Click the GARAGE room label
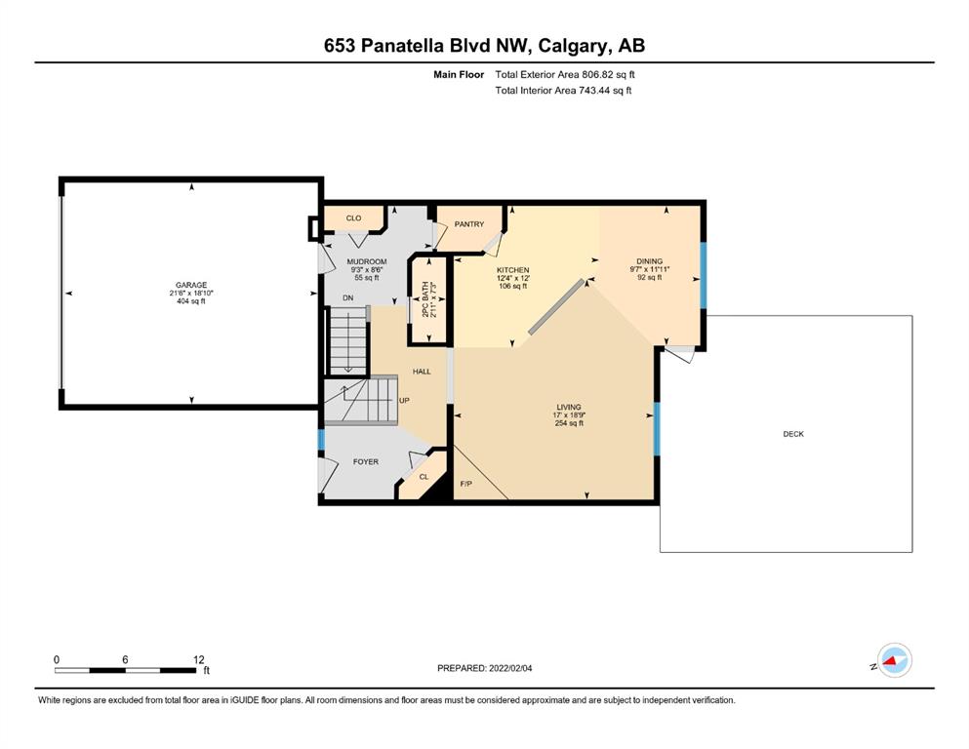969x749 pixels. pyautogui.click(x=191, y=286)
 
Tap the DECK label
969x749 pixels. pyautogui.click(x=793, y=434)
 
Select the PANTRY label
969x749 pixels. pyautogui.click(x=469, y=224)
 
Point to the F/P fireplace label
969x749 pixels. pyautogui.click(x=466, y=484)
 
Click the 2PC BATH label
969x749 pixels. pyautogui.click(x=425, y=299)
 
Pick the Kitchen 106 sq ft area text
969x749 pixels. pyautogui.click(x=513, y=286)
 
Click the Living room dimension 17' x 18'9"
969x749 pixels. pyautogui.click(x=569, y=414)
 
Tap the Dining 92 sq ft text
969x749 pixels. pyautogui.click(x=650, y=277)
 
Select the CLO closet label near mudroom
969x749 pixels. pyautogui.click(x=353, y=217)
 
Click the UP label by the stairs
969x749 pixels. pyautogui.click(x=404, y=400)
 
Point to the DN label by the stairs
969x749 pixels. pyautogui.click(x=348, y=297)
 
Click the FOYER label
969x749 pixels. pyautogui.click(x=366, y=461)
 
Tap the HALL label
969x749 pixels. pyautogui.click(x=422, y=372)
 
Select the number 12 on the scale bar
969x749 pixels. pyautogui.click(x=198, y=659)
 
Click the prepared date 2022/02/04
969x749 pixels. pyautogui.click(x=510, y=668)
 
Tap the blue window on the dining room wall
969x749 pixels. pyautogui.click(x=703, y=275)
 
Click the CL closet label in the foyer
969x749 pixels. pyautogui.click(x=424, y=477)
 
